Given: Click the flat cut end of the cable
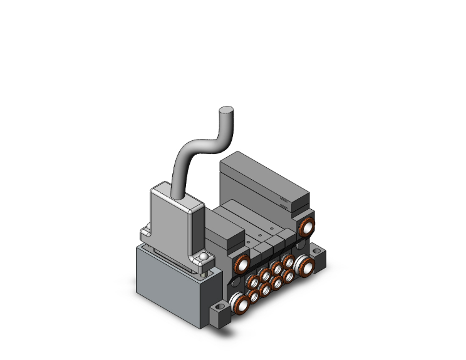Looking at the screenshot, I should (225, 112).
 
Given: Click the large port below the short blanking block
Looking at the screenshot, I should (240, 265).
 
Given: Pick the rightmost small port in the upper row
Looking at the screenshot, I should (289, 259).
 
